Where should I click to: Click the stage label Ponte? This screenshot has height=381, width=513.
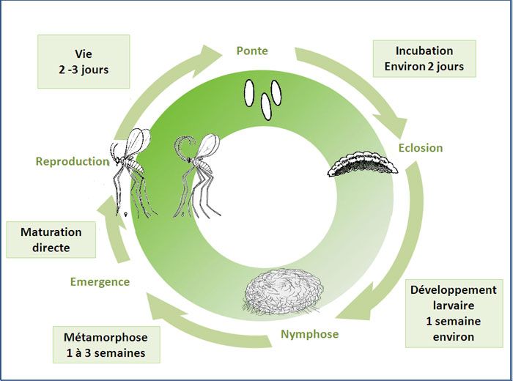pyautogui.click(x=252, y=51)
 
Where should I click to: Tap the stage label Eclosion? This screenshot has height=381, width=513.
pyautogui.click(x=420, y=148)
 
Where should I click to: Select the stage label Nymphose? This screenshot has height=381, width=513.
pyautogui.click(x=309, y=335)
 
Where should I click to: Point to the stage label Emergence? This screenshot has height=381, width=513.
pyautogui.click(x=100, y=281)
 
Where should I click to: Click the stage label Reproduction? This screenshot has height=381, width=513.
pyautogui.click(x=72, y=161)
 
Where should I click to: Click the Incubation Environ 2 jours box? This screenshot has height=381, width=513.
pyautogui.click(x=424, y=59)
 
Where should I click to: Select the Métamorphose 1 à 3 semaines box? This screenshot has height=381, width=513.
pyautogui.click(x=106, y=345)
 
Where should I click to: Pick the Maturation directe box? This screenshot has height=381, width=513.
pyautogui.click(x=51, y=240)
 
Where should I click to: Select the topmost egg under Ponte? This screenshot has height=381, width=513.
pyautogui.click(x=276, y=90)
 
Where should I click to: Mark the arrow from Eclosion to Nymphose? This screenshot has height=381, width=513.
pyautogui.click(x=405, y=242)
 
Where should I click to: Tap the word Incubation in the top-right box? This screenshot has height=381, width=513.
pyautogui.click(x=424, y=51)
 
